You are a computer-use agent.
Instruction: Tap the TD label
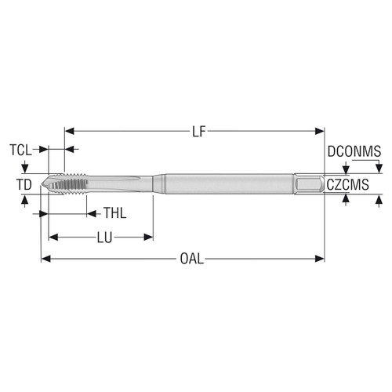(24, 184)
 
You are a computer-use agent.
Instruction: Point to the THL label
(114, 212)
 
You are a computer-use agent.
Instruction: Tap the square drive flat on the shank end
(310, 185)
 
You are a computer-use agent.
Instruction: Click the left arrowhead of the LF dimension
(67, 132)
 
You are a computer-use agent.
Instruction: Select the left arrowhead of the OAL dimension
(45, 259)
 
